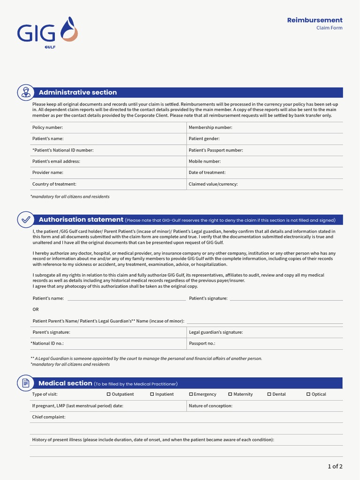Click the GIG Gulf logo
[x=47, y=33]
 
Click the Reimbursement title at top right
[x=315, y=20]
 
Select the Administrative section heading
[x=78, y=92]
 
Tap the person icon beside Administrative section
[x=25, y=92]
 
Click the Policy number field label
[x=47, y=127]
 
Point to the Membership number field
[x=210, y=127]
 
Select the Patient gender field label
[x=204, y=139]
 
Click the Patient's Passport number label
[x=216, y=150]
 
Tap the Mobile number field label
[x=204, y=161]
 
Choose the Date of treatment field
[x=207, y=172]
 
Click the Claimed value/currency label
[x=213, y=184]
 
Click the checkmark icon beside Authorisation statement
[x=25, y=219]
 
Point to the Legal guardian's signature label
[x=216, y=332]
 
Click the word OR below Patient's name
[x=36, y=309]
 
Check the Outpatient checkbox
[x=109, y=394]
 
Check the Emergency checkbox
[x=191, y=394]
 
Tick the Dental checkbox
[x=269, y=394]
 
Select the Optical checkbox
[x=308, y=394]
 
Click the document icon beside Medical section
[x=25, y=383]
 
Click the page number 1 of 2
[x=335, y=466]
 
